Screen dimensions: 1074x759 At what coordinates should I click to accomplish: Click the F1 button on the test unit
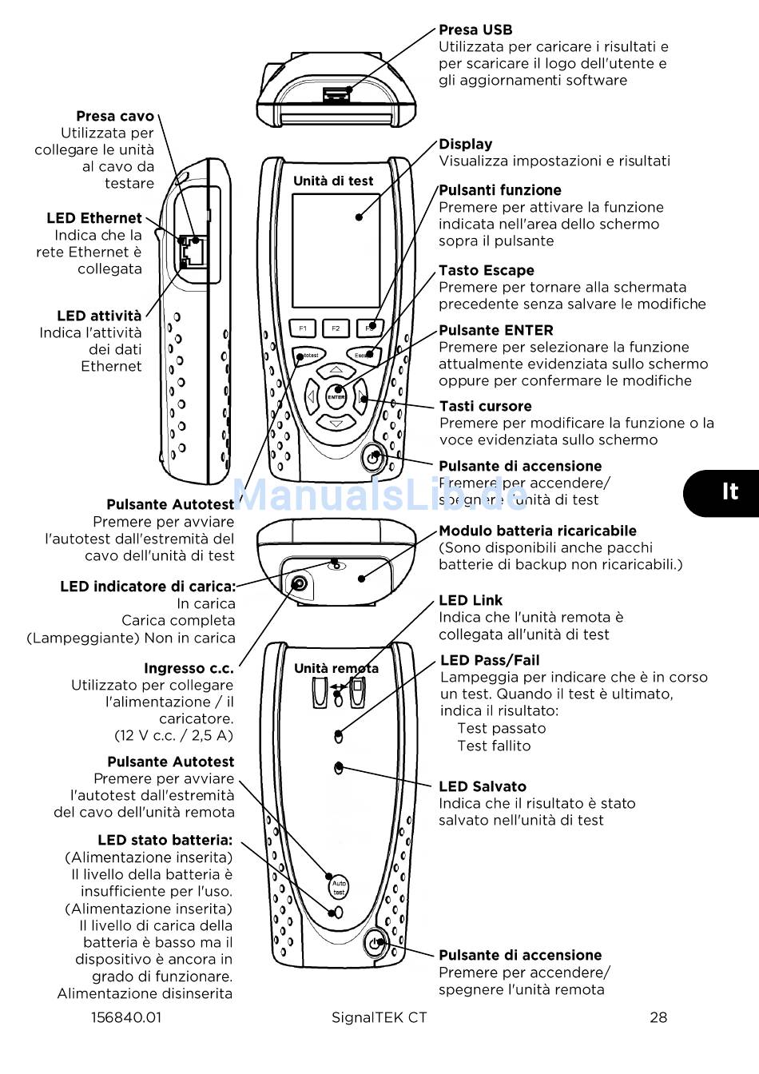pyautogui.click(x=303, y=328)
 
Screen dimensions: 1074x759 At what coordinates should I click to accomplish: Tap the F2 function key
pyautogui.click(x=336, y=328)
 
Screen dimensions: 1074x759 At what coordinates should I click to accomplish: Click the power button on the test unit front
pyautogui.click(x=373, y=459)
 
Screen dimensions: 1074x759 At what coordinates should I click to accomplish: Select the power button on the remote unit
pyautogui.click(x=376, y=943)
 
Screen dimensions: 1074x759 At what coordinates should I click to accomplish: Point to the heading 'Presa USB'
pyautogui.click(x=475, y=30)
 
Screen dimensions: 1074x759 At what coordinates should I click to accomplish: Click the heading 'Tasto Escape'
pyautogui.click(x=486, y=271)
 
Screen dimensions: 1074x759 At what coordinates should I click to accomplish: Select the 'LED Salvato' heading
pyautogui.click(x=482, y=787)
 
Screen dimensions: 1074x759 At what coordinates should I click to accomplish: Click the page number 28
pyautogui.click(x=658, y=1017)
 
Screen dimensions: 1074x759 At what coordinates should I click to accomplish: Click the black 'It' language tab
pyautogui.click(x=728, y=491)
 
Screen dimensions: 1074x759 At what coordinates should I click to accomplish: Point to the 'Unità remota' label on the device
pyautogui.click(x=336, y=669)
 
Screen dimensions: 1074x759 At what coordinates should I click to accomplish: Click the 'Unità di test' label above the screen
pyautogui.click(x=333, y=181)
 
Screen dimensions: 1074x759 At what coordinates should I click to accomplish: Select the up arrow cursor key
pyautogui.click(x=336, y=371)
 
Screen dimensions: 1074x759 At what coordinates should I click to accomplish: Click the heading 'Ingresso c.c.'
pyautogui.click(x=189, y=668)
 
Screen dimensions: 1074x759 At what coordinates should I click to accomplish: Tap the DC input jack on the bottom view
pyautogui.click(x=299, y=583)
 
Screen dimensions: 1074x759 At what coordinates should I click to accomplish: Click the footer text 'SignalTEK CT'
pyautogui.click(x=379, y=1017)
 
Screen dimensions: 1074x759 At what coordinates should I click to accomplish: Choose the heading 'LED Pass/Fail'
pyautogui.click(x=490, y=661)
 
